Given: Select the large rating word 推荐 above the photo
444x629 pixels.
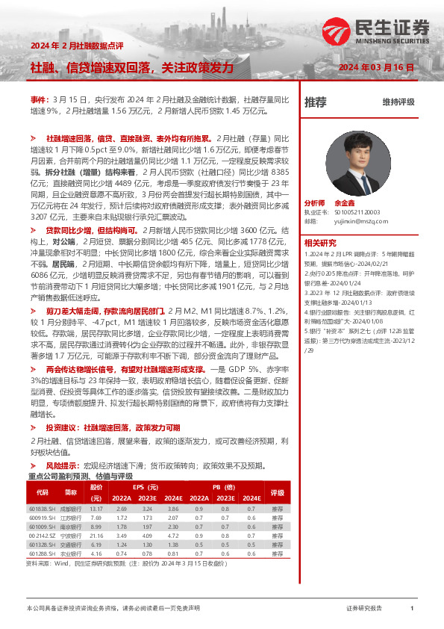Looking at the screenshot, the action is (316, 102).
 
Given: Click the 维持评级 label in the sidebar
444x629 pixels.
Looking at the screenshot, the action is (398, 102).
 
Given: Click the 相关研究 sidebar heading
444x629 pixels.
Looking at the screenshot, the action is (321, 243).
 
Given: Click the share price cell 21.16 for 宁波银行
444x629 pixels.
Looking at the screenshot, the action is (96, 536).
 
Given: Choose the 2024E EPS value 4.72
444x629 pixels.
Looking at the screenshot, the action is (173, 536).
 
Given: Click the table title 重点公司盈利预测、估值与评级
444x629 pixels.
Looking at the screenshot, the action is (80, 475).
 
